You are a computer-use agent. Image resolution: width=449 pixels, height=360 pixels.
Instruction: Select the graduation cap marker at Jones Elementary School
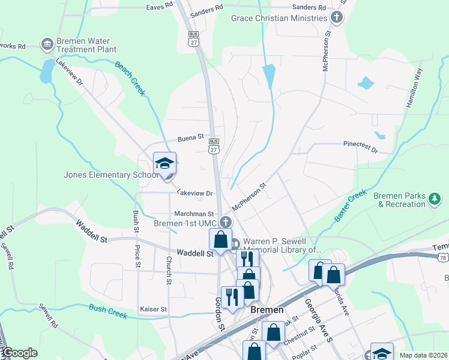[x=164, y=163]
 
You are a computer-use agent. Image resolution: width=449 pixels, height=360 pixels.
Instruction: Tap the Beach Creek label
[x=130, y=79]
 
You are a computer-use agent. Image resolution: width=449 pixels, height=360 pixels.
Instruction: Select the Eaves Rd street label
[x=160, y=8]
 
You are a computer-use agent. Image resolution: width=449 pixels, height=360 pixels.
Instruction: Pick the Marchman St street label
[x=194, y=214]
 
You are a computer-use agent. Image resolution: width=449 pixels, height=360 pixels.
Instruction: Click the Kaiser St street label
[x=153, y=309]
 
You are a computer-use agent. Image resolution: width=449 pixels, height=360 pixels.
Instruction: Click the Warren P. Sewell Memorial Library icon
[x=235, y=244]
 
